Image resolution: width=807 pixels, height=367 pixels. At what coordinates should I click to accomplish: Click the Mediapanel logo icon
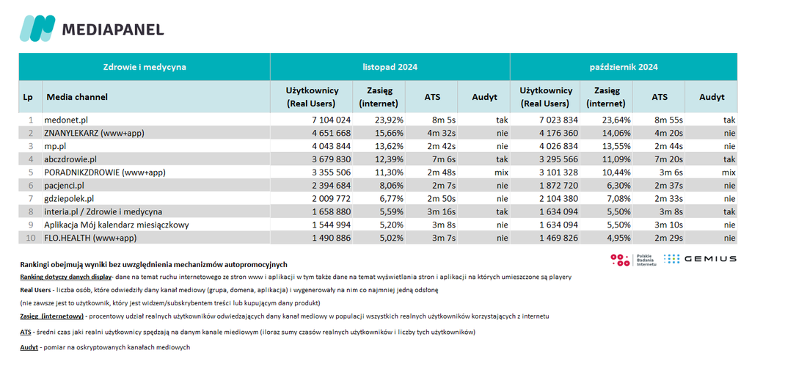click(37, 29)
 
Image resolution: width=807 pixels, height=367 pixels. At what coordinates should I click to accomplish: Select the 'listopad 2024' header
click(390, 67)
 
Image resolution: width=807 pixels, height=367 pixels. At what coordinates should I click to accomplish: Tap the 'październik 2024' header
click(624, 67)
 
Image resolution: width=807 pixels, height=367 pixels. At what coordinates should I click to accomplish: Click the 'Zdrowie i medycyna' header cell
click(145, 67)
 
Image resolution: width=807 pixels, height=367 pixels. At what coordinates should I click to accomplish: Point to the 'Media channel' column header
click(77, 97)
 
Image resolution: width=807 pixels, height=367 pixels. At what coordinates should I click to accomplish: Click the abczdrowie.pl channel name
click(71, 159)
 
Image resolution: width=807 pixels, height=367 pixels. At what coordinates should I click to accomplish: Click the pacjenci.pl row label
click(65, 185)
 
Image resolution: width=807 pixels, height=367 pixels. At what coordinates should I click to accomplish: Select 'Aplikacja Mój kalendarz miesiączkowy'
click(117, 225)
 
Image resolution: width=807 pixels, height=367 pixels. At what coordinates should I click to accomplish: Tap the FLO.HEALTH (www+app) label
click(90, 238)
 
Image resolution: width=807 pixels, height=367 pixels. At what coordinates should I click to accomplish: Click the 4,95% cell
click(620, 238)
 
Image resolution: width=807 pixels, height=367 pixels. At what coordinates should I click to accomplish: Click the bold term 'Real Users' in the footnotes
click(35, 290)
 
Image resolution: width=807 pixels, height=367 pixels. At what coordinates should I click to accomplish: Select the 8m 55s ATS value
click(668, 120)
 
